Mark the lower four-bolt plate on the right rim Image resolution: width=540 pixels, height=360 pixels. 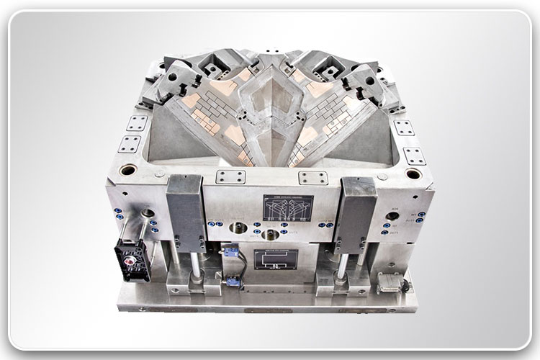[413, 156]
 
